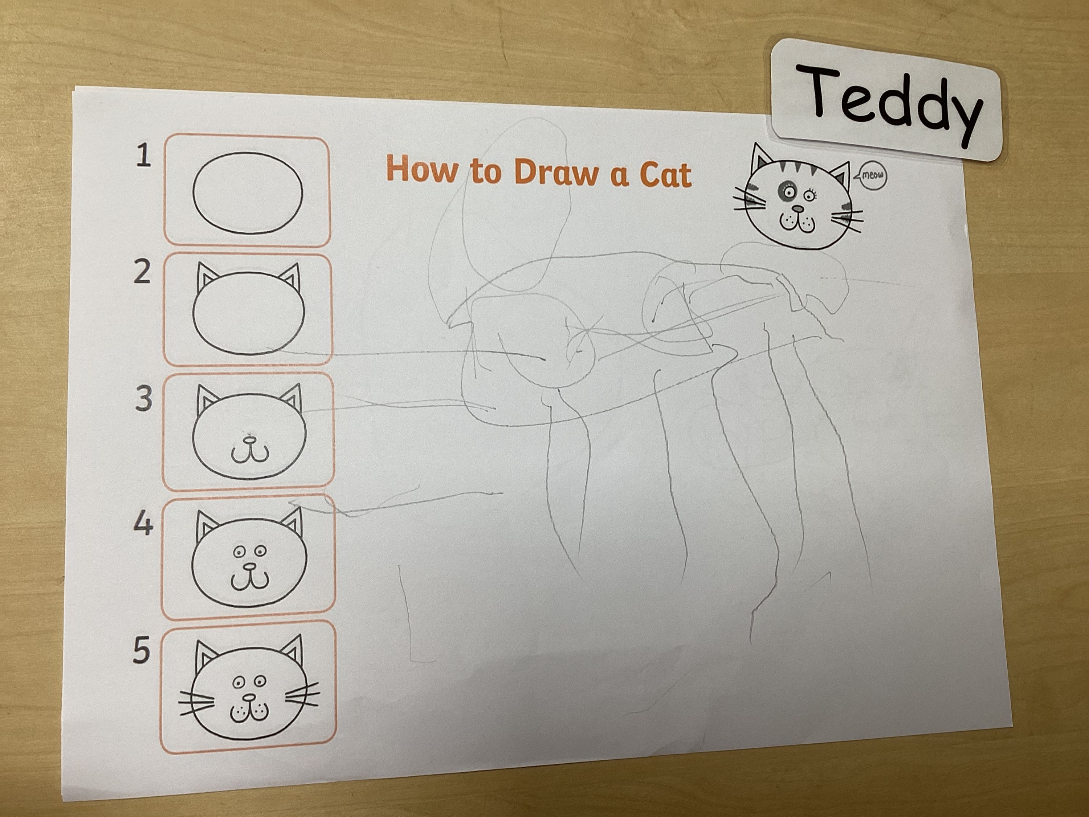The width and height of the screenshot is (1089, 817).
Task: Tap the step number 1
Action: [143, 156]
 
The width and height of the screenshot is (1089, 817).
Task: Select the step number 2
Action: [142, 272]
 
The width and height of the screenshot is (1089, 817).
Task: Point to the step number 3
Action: [143, 399]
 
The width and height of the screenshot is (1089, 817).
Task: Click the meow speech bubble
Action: [872, 176]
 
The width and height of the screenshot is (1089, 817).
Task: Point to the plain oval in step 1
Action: [247, 192]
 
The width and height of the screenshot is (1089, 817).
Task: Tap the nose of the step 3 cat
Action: [250, 437]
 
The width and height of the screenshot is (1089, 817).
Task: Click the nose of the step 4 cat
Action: [250, 567]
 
